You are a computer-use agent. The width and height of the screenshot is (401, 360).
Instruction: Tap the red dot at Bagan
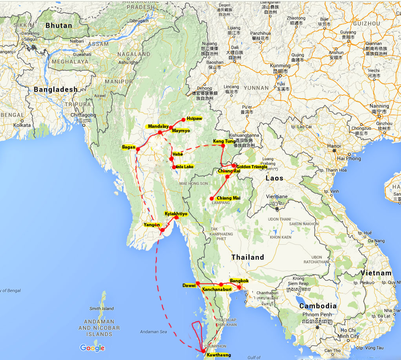pyautogui.click(x=138, y=149)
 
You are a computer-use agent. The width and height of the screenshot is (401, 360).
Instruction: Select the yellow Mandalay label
pyautogui.click(x=158, y=127)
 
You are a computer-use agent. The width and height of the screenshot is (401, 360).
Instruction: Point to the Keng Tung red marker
pyautogui.click(x=223, y=146)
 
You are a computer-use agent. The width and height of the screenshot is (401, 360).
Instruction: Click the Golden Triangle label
pyautogui.click(x=252, y=167)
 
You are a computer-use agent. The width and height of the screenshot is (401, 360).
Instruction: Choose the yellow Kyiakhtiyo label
pyautogui.click(x=176, y=213)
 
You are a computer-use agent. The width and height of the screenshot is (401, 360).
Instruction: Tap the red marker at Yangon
pyautogui.click(x=162, y=230)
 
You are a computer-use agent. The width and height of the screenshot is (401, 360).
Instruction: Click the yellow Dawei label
pyautogui.click(x=189, y=285)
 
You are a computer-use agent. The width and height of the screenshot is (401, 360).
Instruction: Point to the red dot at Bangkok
pyautogui.click(x=239, y=287)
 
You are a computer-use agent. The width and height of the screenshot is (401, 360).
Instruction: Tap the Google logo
pyautogui.click(x=92, y=348)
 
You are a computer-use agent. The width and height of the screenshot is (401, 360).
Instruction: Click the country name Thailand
pyautogui.click(x=248, y=257)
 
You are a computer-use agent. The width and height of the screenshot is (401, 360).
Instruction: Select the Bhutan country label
pyautogui.click(x=59, y=25)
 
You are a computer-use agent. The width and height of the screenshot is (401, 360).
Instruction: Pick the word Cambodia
pyautogui.click(x=318, y=306)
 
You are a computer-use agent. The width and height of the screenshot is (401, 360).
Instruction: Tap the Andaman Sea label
pyautogui.click(x=153, y=332)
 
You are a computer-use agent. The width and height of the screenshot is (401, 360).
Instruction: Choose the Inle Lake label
pyautogui.click(x=185, y=167)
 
